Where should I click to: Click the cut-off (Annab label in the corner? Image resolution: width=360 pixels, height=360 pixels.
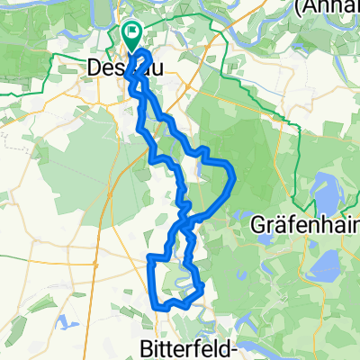[x=325, y=7]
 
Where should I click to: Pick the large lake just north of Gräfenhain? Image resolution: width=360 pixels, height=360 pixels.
[x=321, y=193]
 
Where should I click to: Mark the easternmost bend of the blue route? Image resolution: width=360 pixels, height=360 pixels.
[x=234, y=175]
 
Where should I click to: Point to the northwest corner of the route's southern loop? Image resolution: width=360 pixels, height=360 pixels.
[x=148, y=258]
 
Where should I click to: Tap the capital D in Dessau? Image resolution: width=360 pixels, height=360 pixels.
[x=95, y=67]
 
